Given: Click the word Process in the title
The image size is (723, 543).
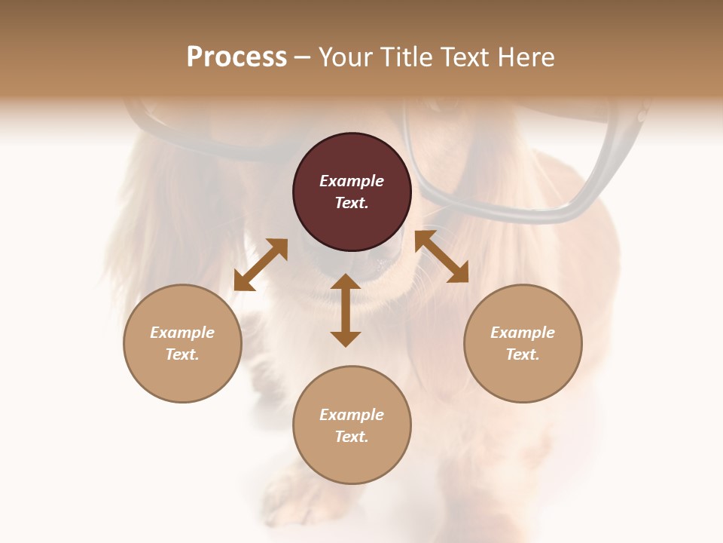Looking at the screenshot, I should pyautogui.click(x=236, y=57).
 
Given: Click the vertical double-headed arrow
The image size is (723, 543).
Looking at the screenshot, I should pyautogui.click(x=346, y=310).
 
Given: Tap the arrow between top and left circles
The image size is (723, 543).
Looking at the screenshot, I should pyautogui.click(x=261, y=265).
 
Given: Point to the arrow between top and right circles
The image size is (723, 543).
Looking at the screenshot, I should pyautogui.click(x=441, y=256).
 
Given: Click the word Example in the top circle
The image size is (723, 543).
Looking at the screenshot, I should pyautogui.click(x=352, y=181).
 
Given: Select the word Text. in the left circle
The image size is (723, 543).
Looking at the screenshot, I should pyautogui.click(x=182, y=354).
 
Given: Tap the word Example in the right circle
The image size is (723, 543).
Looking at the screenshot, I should pyautogui.click(x=523, y=333).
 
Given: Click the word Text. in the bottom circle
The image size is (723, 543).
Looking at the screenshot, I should pyautogui.click(x=352, y=437).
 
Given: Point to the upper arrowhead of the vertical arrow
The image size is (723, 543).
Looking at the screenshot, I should pyautogui.click(x=346, y=284).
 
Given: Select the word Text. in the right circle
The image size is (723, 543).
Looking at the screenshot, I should pyautogui.click(x=523, y=354).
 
